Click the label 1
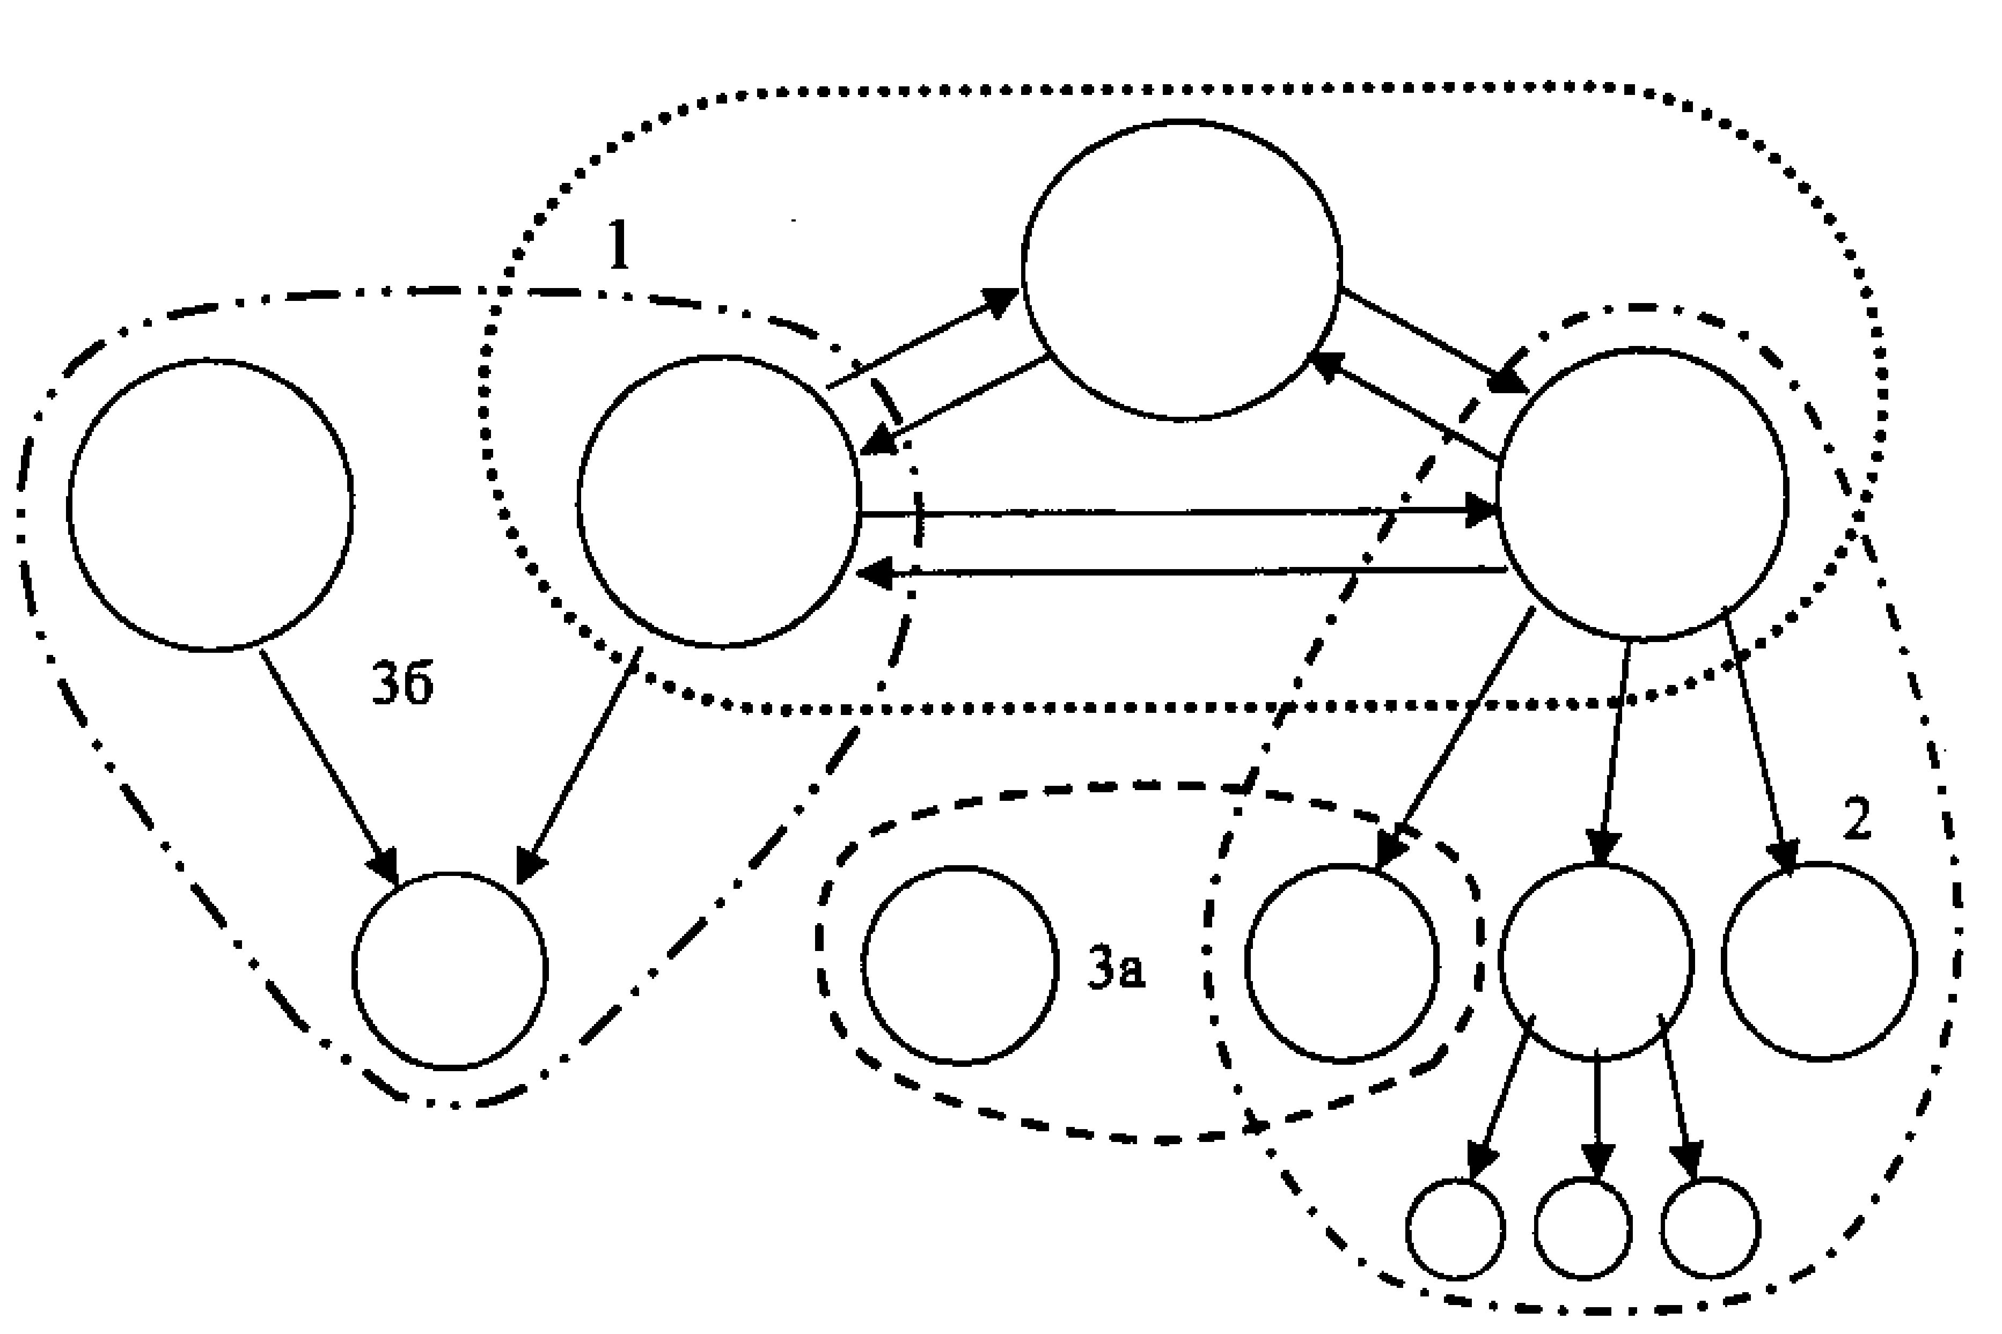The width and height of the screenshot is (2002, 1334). (x=619, y=245)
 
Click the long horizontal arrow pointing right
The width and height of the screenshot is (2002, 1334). (x=1179, y=512)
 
